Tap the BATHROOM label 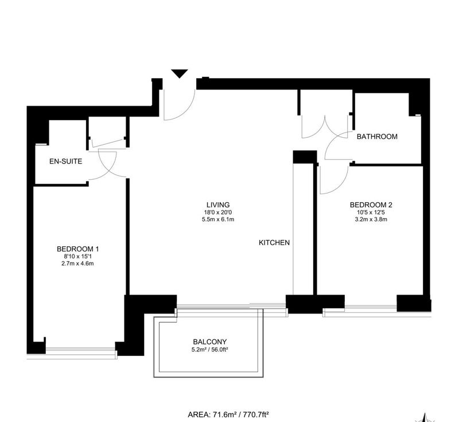(x=377, y=137)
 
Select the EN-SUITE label (x=65, y=161)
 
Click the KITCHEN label (x=274, y=242)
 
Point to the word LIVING (x=218, y=205)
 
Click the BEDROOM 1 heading (x=77, y=249)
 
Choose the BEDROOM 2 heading (x=371, y=205)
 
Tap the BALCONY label (x=210, y=342)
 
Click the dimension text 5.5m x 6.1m (x=218, y=219)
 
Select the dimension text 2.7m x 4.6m (x=77, y=264)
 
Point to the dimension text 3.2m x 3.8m (x=371, y=219)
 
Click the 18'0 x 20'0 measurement (x=218, y=212)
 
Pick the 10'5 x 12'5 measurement (x=371, y=212)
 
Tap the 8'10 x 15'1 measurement (x=77, y=257)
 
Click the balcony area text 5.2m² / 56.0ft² (x=210, y=350)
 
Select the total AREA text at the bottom (x=228, y=415)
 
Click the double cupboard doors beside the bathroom (x=325, y=129)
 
